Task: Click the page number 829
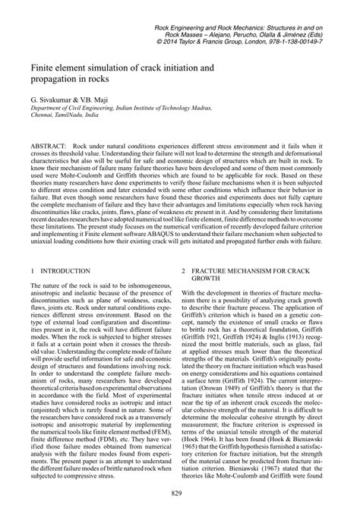pos(181,494)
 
